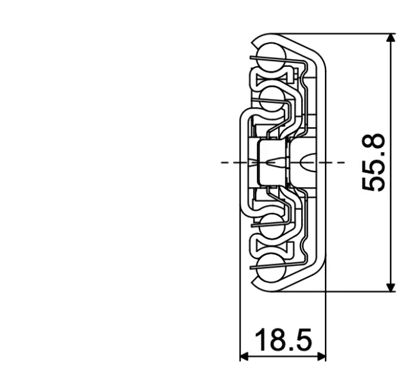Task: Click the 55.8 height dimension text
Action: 374,163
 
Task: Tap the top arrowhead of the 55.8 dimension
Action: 390,39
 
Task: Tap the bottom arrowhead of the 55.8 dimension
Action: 390,286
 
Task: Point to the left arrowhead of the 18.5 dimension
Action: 244,355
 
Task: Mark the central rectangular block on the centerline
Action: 270,162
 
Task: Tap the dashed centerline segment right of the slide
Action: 334,163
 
